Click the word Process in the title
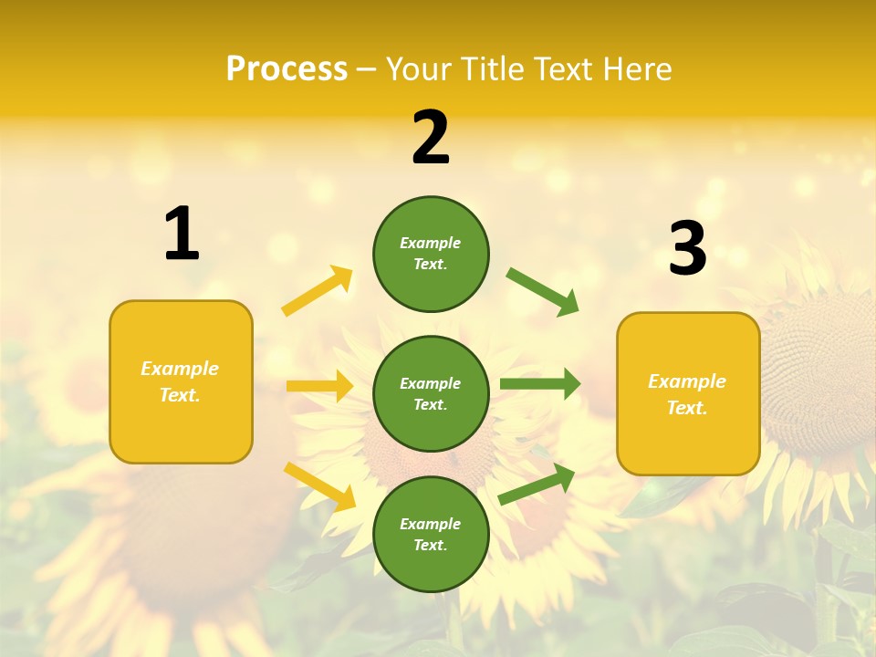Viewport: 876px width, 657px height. pyautogui.click(x=287, y=69)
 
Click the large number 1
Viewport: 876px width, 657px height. pyautogui.click(x=182, y=234)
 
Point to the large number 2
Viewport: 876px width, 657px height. pyautogui.click(x=431, y=138)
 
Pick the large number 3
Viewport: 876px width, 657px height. pyautogui.click(x=687, y=248)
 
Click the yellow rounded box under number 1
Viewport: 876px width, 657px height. pyautogui.click(x=181, y=381)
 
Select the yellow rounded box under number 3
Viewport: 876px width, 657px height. pyautogui.click(x=688, y=394)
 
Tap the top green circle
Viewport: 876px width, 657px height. pyautogui.click(x=431, y=254)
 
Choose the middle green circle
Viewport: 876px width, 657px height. pyautogui.click(x=431, y=394)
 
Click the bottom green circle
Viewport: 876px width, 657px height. pyautogui.click(x=431, y=535)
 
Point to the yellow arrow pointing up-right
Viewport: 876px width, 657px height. pyautogui.click(x=318, y=291)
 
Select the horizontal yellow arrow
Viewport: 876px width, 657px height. pyautogui.click(x=319, y=386)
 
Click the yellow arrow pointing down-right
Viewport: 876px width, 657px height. pyautogui.click(x=319, y=486)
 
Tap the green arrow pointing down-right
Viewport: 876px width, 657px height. pyautogui.click(x=543, y=291)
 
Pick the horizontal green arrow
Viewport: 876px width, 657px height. pyautogui.click(x=540, y=384)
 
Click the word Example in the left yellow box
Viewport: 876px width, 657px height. pyautogui.click(x=180, y=369)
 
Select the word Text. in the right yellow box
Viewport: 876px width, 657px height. pyautogui.click(x=687, y=408)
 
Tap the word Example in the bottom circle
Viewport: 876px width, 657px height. pyautogui.click(x=431, y=524)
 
